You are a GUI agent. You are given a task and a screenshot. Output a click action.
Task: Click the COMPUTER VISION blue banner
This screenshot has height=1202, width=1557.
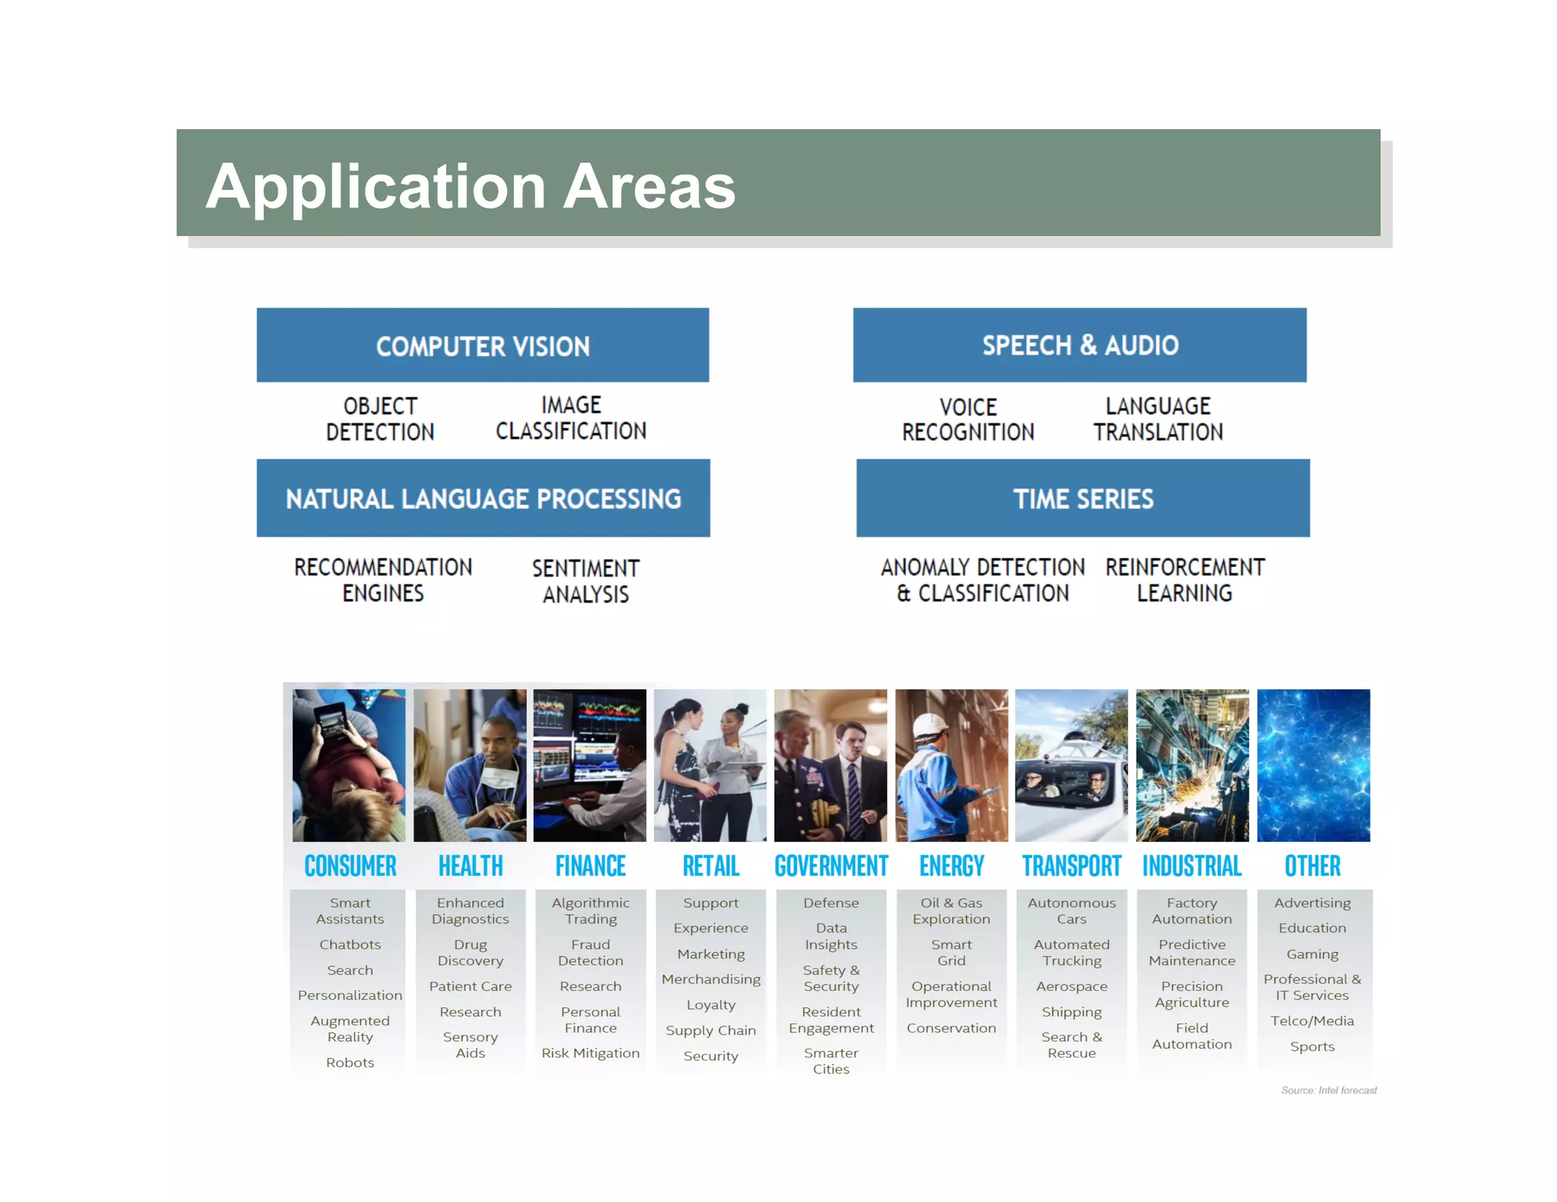click(483, 346)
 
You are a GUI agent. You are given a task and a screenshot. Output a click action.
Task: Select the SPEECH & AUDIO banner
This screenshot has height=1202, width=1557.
click(1080, 345)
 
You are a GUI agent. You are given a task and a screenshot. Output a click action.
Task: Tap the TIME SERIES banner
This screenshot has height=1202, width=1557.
click(1083, 498)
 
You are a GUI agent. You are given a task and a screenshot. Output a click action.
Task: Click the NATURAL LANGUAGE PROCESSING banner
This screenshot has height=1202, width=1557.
click(483, 498)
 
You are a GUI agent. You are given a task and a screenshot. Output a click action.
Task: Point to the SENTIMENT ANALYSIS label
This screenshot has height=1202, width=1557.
click(585, 581)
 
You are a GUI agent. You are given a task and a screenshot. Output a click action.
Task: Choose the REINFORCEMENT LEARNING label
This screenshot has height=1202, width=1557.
click(1184, 580)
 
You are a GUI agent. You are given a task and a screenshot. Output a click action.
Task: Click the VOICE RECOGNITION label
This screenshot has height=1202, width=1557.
click(968, 419)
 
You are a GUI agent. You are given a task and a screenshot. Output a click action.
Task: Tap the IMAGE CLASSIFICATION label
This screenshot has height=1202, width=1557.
click(571, 418)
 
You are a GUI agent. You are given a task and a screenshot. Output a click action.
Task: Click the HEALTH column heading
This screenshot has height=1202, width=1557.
click(471, 865)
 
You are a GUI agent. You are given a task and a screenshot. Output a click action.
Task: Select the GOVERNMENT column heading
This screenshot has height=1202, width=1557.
click(831, 865)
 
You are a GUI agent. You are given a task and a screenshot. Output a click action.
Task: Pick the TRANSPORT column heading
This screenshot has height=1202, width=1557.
click(1071, 865)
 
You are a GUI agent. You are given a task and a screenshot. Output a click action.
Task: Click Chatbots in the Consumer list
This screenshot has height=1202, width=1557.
click(350, 944)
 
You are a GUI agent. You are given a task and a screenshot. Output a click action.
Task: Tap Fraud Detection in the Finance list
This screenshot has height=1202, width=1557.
click(591, 953)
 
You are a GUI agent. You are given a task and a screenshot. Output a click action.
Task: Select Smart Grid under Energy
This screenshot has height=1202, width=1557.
click(951, 953)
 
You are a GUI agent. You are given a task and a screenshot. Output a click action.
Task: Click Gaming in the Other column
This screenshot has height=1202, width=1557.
click(1312, 954)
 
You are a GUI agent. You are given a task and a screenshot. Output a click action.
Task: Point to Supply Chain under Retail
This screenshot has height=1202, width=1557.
click(711, 1030)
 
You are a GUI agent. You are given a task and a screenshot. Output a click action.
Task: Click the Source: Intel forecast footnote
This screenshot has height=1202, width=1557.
click(1328, 1090)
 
